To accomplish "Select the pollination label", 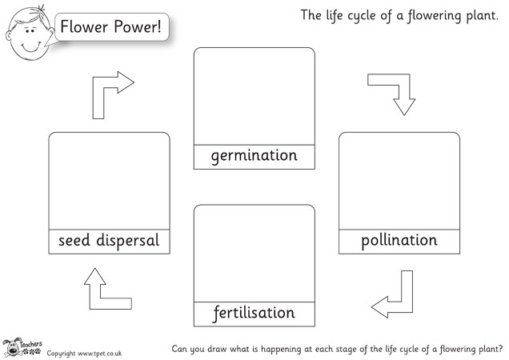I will pos(399,240).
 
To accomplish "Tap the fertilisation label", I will pos(254,313).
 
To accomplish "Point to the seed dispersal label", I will pos(109,241).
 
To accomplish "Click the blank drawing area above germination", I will pos(254,96).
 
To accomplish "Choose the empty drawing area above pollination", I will pos(399,180).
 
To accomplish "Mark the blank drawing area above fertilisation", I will pos(254,252).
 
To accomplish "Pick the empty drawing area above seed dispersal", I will pos(109,180).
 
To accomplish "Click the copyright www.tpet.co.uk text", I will pos(84,352).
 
